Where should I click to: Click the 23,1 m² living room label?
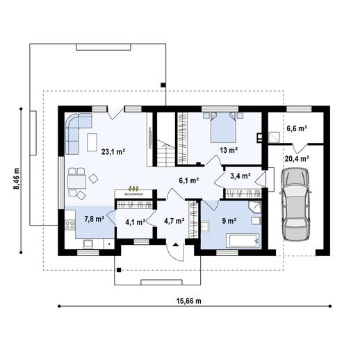[x=112, y=151]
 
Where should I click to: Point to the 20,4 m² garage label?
[x=296, y=158]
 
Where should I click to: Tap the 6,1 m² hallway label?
[x=189, y=180]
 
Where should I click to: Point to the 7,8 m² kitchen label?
[x=95, y=219]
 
